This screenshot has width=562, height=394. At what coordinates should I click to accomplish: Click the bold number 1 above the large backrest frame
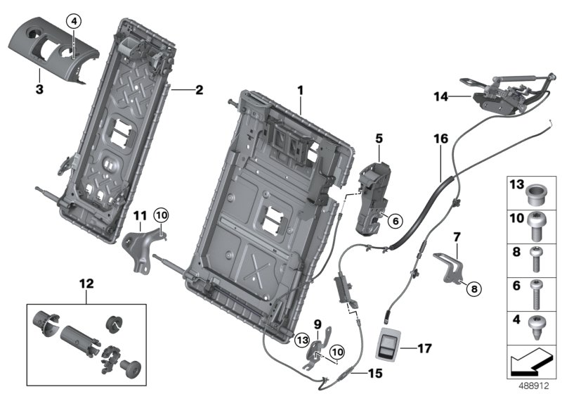[300, 90]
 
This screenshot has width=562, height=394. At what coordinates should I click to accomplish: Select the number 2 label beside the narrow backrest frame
[199, 90]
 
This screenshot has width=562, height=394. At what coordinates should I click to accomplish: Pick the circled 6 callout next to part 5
[395, 221]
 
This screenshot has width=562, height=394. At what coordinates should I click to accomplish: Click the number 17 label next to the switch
[424, 348]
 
